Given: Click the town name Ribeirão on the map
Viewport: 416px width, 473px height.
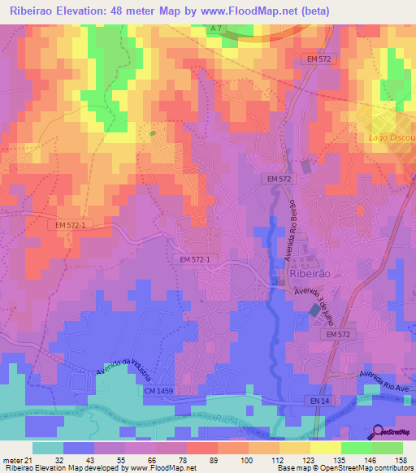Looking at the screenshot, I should pos(310,276).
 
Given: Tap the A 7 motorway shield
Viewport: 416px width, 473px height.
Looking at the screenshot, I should pos(214,29).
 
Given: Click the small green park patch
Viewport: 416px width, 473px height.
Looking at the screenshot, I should pos(152,132).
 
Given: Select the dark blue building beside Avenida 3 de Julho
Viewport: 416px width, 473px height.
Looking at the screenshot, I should pos(315,310).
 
